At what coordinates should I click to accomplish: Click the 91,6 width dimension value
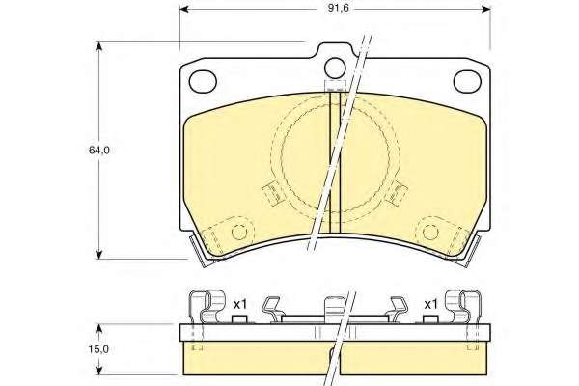(339, 8)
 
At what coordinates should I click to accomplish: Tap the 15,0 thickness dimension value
(98, 349)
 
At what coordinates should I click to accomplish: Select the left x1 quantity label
(239, 305)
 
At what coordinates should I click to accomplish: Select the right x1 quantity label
(430, 305)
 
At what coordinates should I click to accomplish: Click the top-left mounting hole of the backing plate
(203, 81)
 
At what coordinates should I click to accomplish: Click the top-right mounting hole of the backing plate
(467, 81)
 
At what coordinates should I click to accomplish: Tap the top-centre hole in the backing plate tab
(335, 69)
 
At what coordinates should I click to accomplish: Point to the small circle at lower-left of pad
(239, 233)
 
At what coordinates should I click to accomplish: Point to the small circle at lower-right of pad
(430, 233)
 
